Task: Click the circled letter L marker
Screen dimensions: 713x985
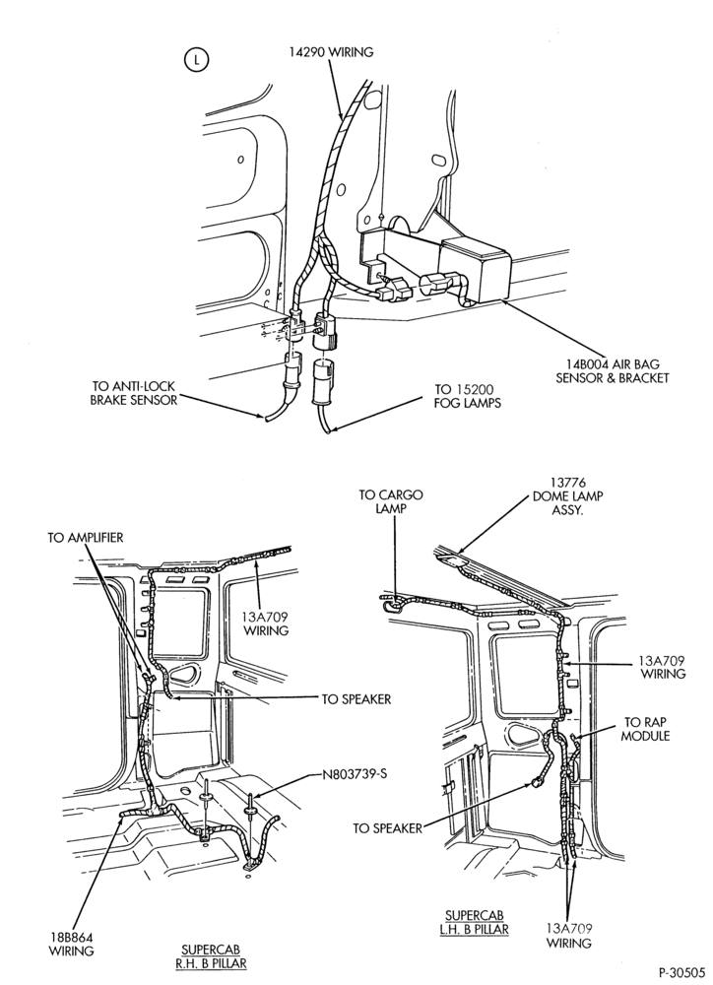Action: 197,60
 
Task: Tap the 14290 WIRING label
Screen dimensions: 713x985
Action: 331,52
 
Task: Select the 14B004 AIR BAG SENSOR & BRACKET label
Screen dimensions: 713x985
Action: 612,370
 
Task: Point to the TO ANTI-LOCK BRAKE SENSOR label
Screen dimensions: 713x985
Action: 134,393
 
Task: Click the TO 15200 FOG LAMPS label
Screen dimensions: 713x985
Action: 468,396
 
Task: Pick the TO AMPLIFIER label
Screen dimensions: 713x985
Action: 86,538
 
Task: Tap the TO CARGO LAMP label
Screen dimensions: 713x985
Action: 391,501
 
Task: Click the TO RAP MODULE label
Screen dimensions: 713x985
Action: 646,729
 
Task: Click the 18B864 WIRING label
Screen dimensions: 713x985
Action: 72,945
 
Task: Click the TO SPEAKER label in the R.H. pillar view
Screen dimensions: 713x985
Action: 356,699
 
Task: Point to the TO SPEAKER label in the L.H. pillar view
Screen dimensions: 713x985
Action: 387,828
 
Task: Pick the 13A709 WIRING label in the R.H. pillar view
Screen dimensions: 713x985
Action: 265,623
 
